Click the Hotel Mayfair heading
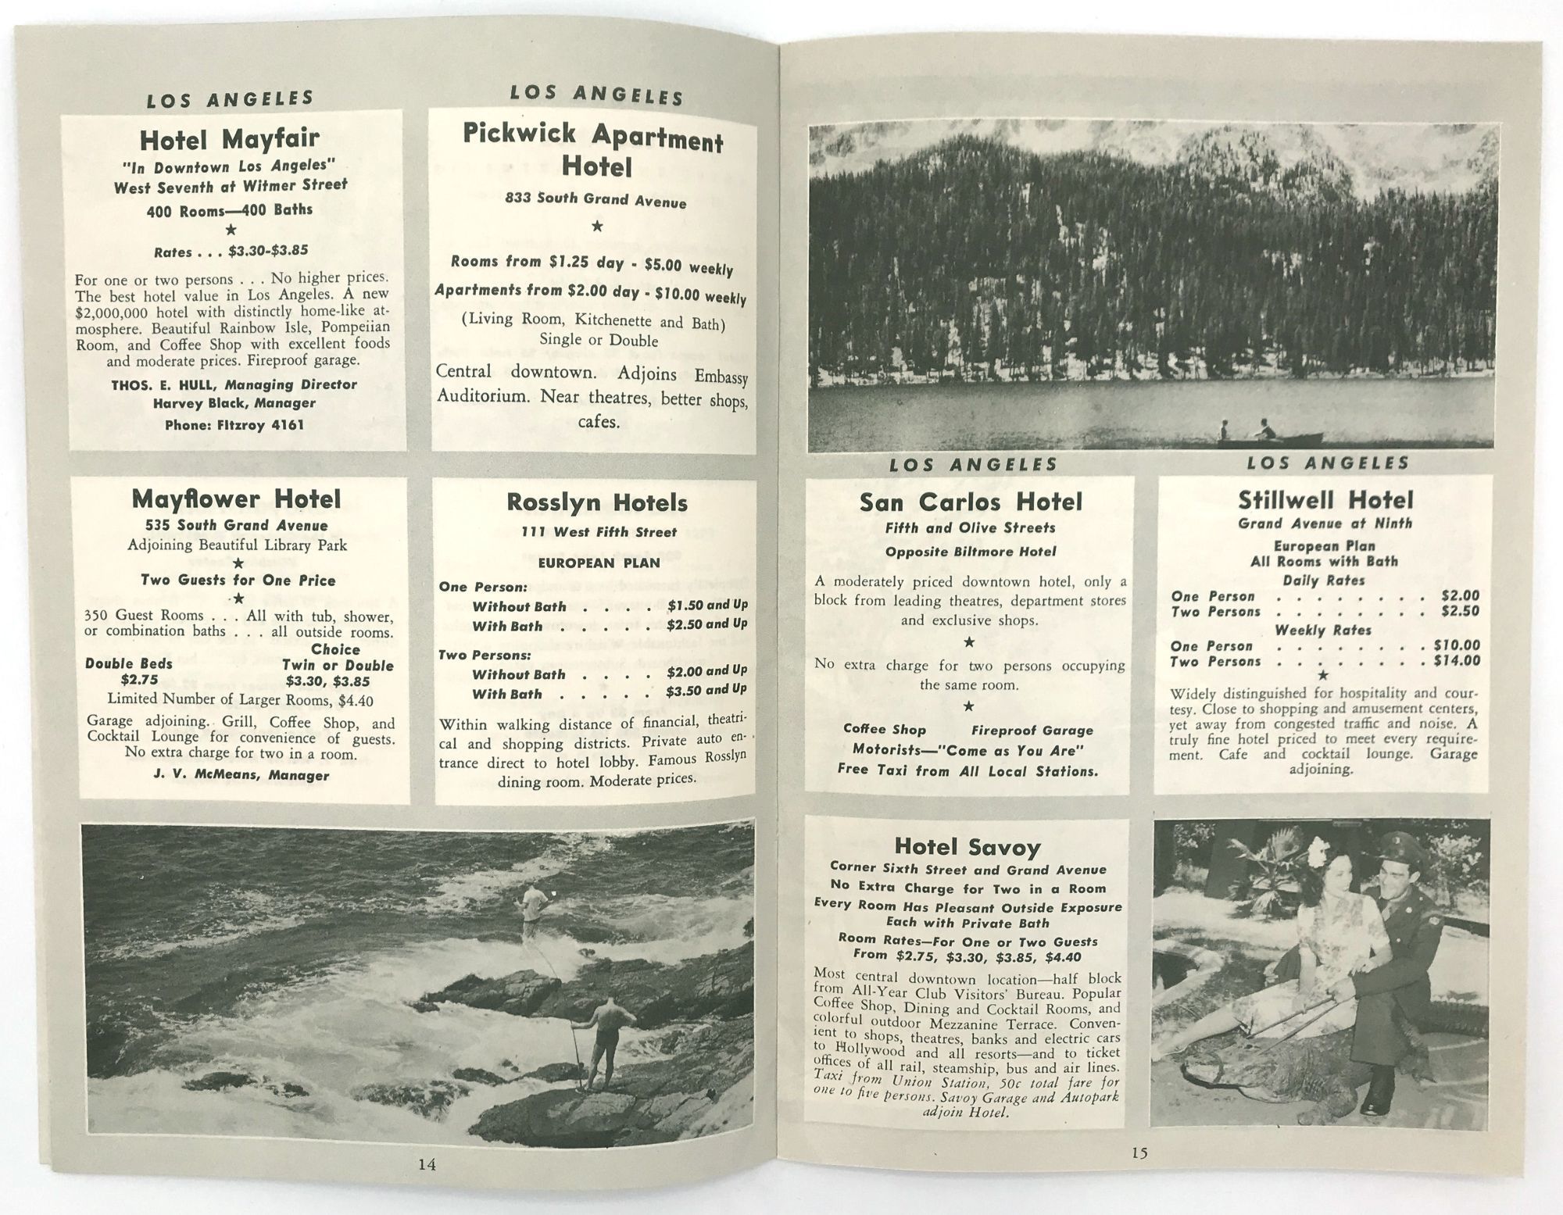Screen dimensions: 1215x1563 click(x=230, y=139)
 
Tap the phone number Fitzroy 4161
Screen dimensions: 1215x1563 click(x=234, y=425)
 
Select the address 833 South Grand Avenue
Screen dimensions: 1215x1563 click(x=596, y=200)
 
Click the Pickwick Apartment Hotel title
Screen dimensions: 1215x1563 click(x=594, y=150)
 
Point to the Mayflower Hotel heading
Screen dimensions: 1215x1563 click(x=236, y=499)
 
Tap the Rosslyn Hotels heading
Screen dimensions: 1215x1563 click(x=597, y=502)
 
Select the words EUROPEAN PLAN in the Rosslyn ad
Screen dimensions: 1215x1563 click(x=599, y=563)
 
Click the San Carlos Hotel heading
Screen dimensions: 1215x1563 click(x=971, y=502)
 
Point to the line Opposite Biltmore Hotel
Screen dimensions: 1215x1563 click(x=971, y=552)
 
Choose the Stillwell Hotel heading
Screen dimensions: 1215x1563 click(x=1325, y=500)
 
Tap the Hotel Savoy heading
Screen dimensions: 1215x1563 click(x=967, y=846)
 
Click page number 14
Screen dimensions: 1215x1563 click(x=427, y=1163)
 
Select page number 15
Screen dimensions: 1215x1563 click(x=1139, y=1152)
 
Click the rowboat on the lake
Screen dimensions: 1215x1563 click(x=1269, y=438)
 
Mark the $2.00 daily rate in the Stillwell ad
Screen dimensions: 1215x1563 click(x=1460, y=595)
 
